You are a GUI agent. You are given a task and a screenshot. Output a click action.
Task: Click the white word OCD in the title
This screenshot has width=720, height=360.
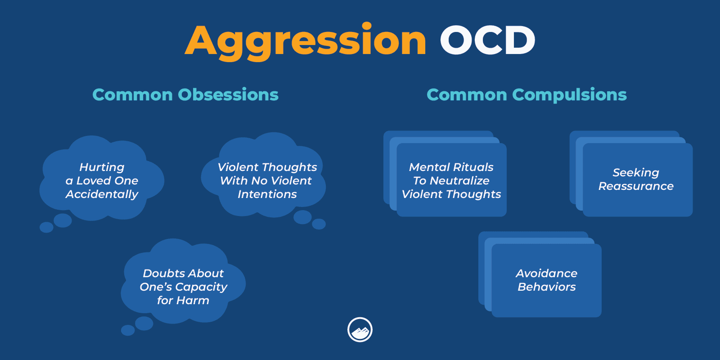click(487, 40)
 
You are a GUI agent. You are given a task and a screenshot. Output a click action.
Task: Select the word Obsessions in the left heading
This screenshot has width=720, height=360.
click(228, 94)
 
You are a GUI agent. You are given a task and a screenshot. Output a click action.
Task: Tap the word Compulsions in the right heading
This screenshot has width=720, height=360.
click(569, 94)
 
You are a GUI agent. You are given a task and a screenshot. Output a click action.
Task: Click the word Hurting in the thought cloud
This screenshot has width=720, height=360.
click(102, 167)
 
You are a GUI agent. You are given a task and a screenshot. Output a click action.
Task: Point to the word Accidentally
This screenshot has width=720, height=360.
click(102, 194)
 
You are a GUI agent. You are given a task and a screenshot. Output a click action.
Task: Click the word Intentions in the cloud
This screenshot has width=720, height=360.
click(267, 194)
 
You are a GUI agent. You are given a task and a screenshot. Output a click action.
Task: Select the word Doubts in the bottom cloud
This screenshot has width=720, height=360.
click(158, 273)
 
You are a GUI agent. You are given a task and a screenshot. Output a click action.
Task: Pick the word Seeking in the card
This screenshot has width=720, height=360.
click(635, 173)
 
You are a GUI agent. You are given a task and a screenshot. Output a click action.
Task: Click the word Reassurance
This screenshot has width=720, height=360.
click(635, 186)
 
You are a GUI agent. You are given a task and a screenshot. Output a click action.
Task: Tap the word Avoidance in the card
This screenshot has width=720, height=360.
click(546, 274)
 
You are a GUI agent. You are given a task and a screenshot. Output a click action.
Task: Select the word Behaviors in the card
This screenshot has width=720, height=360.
click(546, 287)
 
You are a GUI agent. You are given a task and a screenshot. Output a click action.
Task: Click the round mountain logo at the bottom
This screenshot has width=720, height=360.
click(360, 330)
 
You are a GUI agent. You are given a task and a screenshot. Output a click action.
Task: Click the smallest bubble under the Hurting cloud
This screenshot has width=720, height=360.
click(46, 227)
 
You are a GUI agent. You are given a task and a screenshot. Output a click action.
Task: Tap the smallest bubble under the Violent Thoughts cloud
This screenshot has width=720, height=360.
click(319, 224)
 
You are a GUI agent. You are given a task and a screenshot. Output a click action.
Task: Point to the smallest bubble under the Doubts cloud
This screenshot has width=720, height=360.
click(128, 330)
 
